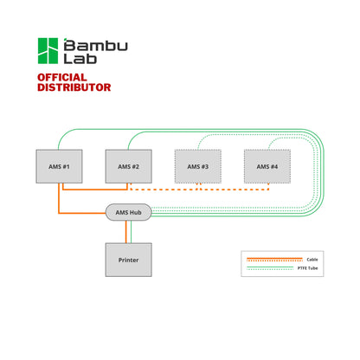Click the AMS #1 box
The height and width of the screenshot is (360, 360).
coord(58,166)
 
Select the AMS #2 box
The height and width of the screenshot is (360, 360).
coord(128,166)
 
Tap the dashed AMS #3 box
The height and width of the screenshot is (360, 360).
coord(197,166)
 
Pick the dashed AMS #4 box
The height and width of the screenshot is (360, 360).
coord(267,166)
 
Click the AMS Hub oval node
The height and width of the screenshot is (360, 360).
coord(128,212)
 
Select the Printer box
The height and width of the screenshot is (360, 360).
coord(128,258)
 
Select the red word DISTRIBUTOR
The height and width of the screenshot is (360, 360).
coord(74,87)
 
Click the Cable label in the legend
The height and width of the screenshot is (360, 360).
coord(312,259)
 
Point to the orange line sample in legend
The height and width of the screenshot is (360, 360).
coord(273,259)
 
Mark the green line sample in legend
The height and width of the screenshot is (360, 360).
coord(273,267)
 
